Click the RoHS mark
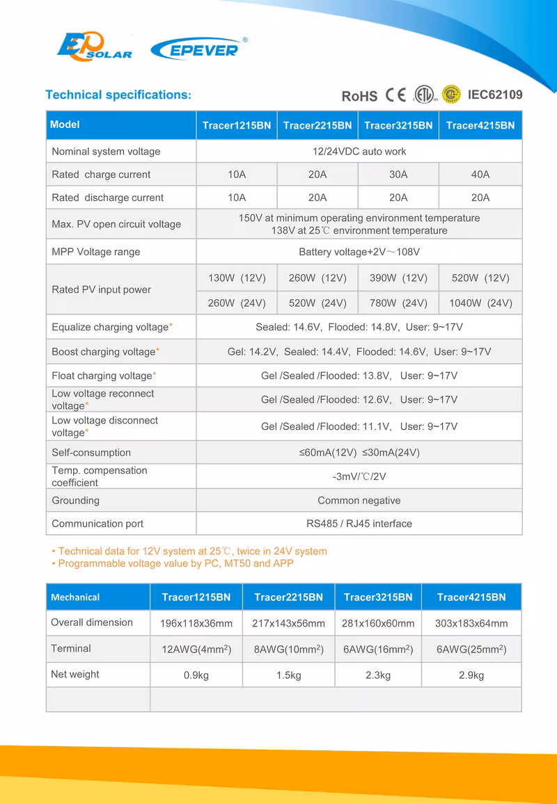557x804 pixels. click(x=359, y=96)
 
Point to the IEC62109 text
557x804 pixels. click(x=495, y=95)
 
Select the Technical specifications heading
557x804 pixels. click(x=118, y=95)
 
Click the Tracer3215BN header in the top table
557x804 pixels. click(x=398, y=125)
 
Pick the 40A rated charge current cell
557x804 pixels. click(x=480, y=175)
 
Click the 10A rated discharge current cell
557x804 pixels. click(x=237, y=198)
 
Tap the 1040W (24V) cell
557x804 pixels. click(x=480, y=303)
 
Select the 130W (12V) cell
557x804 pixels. click(x=237, y=278)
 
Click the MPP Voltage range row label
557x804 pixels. click(x=96, y=252)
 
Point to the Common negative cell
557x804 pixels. click(x=359, y=500)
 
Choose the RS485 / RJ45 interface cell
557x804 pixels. click(x=359, y=524)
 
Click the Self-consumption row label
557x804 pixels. click(x=91, y=452)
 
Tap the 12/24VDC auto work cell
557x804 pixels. click(x=359, y=151)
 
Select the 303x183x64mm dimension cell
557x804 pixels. click(x=471, y=623)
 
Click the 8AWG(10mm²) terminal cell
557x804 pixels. click(x=288, y=650)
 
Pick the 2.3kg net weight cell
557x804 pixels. click(x=378, y=675)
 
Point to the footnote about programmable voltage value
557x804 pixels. click(x=175, y=563)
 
